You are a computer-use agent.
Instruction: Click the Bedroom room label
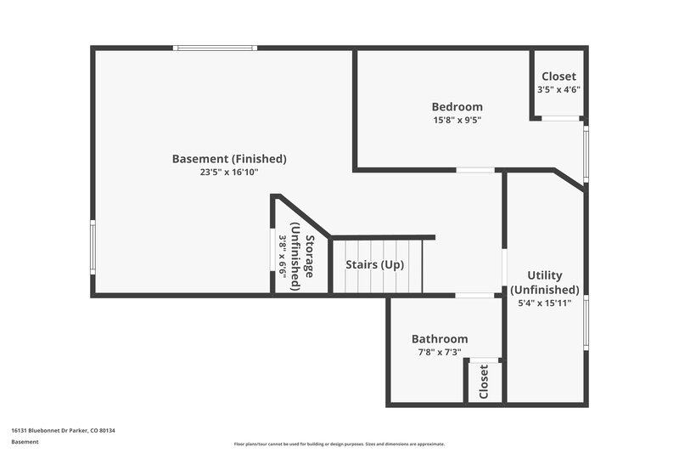click(x=457, y=107)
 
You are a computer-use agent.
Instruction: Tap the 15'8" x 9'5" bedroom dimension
click(x=457, y=121)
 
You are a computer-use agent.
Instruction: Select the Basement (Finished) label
click(x=229, y=159)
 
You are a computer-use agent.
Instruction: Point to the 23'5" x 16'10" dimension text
click(x=229, y=173)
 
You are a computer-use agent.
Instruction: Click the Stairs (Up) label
click(x=374, y=264)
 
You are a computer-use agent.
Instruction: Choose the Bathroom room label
click(x=440, y=338)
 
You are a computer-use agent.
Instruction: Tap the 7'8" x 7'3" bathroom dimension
click(x=440, y=352)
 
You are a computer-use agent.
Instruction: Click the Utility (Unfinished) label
click(x=544, y=282)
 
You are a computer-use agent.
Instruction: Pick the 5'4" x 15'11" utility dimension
click(x=544, y=303)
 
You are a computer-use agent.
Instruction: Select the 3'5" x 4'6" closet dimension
click(x=558, y=90)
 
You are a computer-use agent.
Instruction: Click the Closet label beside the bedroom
click(x=558, y=76)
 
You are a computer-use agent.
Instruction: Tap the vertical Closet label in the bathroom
click(x=484, y=382)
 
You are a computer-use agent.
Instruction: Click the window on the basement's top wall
click(x=213, y=48)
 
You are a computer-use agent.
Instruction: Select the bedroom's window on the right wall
click(x=586, y=153)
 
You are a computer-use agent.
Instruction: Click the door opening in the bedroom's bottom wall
click(x=475, y=170)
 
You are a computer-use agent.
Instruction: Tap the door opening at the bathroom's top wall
click(x=474, y=296)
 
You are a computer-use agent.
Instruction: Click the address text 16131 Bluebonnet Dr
click(x=63, y=431)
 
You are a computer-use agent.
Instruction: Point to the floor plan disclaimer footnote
click(x=339, y=445)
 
